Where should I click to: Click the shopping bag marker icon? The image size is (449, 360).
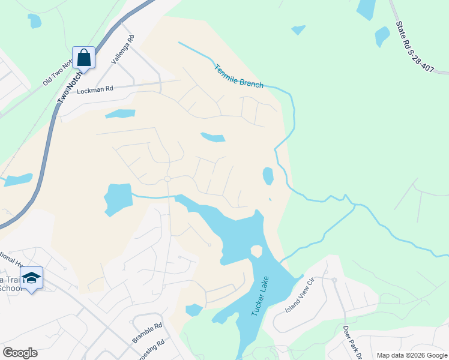pos(83,58)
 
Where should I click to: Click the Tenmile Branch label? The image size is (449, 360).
pos(239,76)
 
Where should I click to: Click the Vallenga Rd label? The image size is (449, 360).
pos(123,50)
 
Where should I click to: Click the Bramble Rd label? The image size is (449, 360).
pos(148,334)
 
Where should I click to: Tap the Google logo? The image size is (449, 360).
pos(20,353)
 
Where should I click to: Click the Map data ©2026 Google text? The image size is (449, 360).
pos(411,355)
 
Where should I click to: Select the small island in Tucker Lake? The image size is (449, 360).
pos(256,250)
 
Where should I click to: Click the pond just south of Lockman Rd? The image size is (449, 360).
pos(120,113)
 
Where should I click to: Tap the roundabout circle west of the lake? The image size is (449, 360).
pos(167,179)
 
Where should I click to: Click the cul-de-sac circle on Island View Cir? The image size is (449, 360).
pos(334,280)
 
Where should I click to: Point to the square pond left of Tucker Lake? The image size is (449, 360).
pos(118,199)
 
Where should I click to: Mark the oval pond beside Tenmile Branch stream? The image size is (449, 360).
pos(268,176)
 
